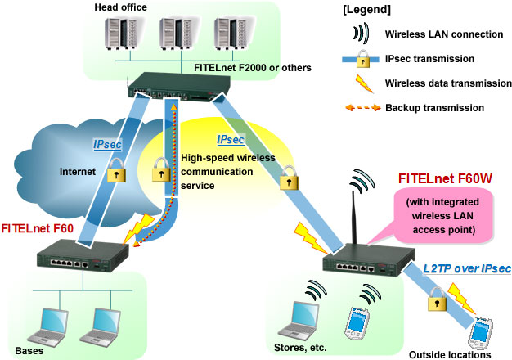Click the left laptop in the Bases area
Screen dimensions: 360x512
point(48,324)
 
